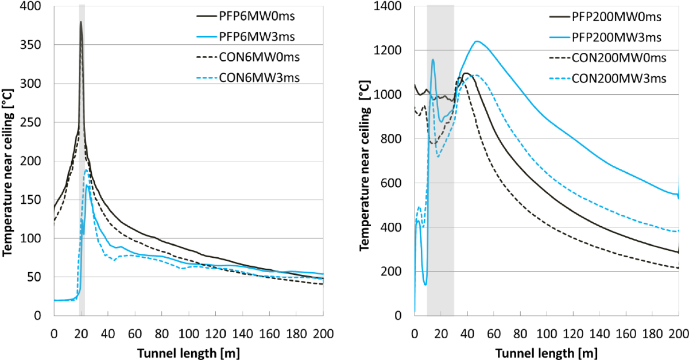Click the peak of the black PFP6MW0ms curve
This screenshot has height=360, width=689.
[x=81, y=22]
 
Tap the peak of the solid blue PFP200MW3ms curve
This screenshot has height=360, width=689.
[x=477, y=41]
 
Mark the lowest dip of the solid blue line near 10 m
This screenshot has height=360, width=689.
[x=425, y=284]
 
